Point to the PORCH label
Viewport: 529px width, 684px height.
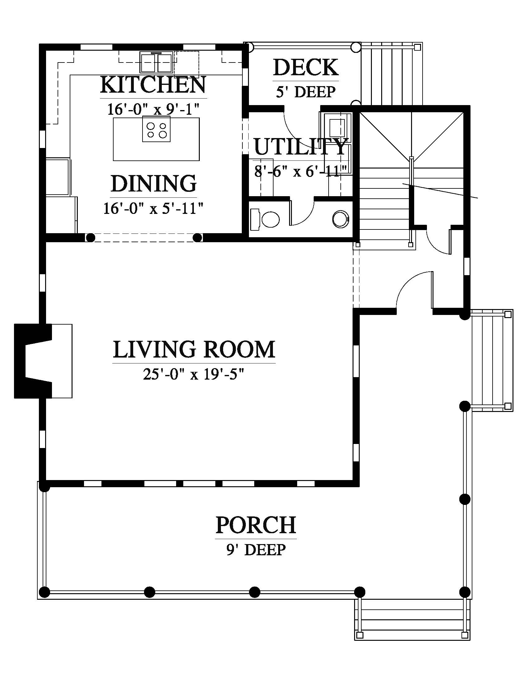[x=256, y=525]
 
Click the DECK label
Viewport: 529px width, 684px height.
[x=306, y=67]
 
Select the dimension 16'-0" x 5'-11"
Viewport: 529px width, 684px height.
[x=153, y=208]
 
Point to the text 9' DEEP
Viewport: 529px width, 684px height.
[x=256, y=550]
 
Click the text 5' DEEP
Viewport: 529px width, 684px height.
[x=306, y=92]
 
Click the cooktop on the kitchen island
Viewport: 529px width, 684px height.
[x=157, y=129]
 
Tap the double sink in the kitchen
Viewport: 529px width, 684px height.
[x=157, y=62]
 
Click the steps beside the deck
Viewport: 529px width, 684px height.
[x=391, y=74]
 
